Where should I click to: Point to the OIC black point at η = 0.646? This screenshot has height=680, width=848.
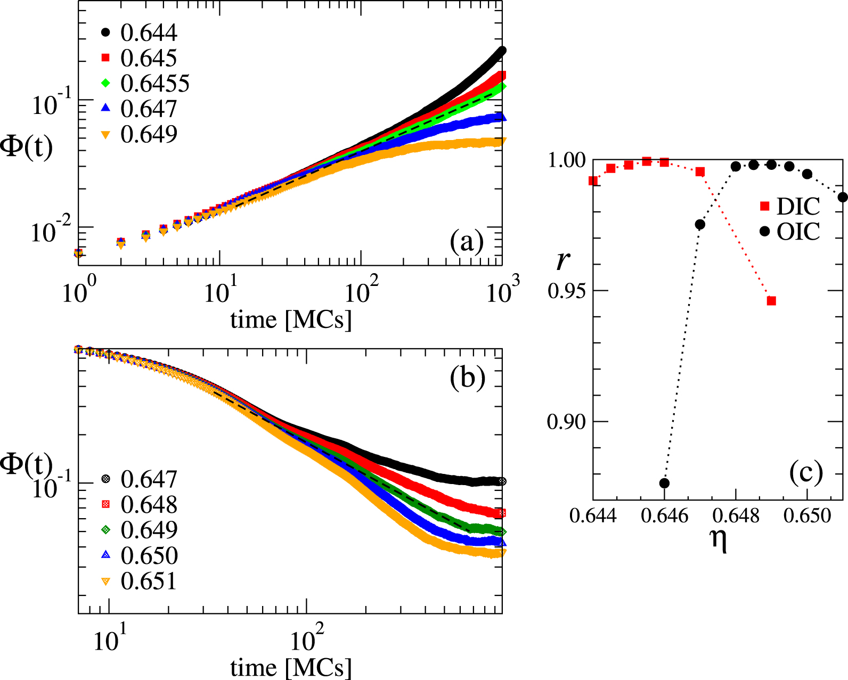[664, 483]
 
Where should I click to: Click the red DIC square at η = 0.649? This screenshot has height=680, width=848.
[771, 301]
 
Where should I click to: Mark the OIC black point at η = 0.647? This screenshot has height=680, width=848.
[700, 225]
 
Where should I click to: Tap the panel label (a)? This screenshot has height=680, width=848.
[467, 242]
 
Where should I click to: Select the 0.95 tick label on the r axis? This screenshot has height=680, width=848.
[566, 291]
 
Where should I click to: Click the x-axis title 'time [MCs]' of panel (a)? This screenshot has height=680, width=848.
[291, 319]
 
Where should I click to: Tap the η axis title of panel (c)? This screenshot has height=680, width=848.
[719, 540]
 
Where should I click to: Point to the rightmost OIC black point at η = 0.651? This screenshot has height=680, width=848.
[843, 197]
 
